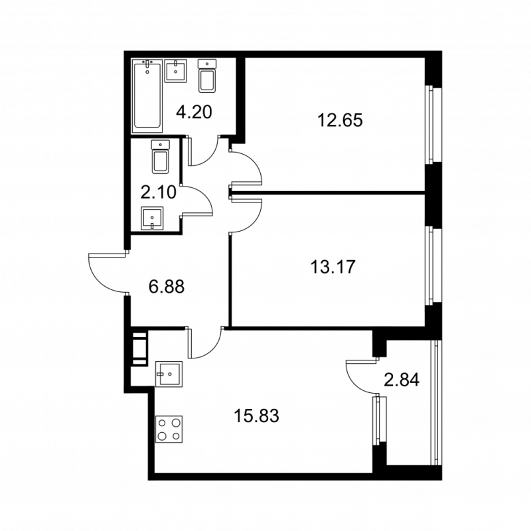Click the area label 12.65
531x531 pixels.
[340, 120]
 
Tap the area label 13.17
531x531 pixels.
[333, 267]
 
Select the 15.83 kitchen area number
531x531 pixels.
[256, 416]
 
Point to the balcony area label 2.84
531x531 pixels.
[402, 380]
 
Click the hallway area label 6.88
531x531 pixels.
[167, 287]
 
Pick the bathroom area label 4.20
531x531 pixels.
[194, 112]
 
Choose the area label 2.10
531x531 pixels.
[159, 192]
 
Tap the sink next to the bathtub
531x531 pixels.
[176, 71]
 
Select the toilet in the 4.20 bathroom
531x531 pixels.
[207, 76]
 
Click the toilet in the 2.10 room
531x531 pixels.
[160, 157]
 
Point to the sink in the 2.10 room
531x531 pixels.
[152, 218]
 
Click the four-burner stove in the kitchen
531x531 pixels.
[169, 429]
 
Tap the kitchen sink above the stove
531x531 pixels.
[169, 374]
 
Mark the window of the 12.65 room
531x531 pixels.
[430, 125]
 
